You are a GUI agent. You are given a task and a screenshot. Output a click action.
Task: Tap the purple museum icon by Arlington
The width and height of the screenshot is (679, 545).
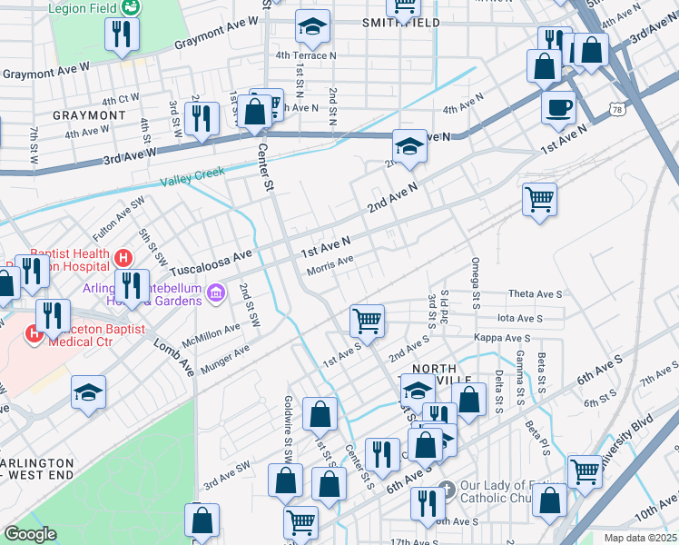pyautogui.click(x=216, y=292)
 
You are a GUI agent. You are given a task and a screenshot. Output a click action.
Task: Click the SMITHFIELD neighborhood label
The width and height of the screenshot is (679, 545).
pyautogui.click(x=400, y=23)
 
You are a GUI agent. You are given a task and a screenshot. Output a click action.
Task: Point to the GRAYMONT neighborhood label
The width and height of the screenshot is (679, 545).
pyautogui.click(x=89, y=115)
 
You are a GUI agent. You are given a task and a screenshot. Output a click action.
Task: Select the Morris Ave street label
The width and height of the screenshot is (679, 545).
pyautogui.click(x=330, y=263)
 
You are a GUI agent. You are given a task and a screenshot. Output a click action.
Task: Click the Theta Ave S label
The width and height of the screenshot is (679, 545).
pyautogui.click(x=536, y=294)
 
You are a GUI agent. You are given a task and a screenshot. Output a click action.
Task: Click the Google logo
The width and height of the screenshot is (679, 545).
pyautogui.click(x=30, y=534)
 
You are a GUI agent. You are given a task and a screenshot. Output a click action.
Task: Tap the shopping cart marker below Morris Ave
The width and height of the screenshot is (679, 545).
pyautogui.click(x=368, y=320)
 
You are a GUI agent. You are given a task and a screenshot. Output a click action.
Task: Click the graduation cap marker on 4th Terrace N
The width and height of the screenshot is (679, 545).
pyautogui.click(x=312, y=27)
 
